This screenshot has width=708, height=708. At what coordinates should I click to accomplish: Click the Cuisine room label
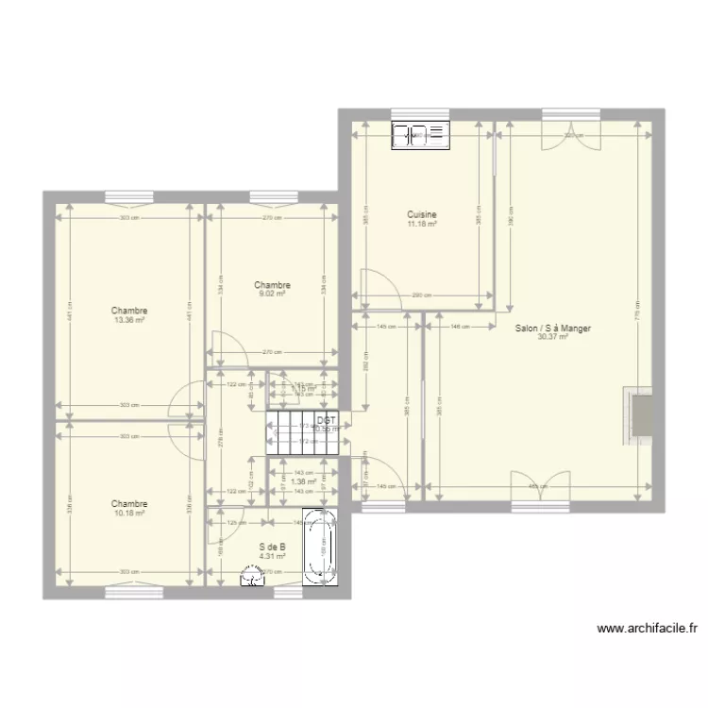tap(422, 214)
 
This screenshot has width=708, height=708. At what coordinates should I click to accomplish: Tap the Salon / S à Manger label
tap(553, 329)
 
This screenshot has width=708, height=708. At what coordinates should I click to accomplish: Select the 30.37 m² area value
tap(553, 337)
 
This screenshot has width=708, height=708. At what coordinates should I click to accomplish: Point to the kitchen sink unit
tap(422, 136)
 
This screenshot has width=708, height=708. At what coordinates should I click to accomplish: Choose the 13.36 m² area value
tap(129, 320)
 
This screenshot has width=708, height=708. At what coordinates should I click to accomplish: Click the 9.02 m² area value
tap(272, 294)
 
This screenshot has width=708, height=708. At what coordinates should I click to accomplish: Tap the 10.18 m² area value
tap(129, 514)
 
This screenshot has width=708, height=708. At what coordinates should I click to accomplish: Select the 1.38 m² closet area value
tap(302, 481)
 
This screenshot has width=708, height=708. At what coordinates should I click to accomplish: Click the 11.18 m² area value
tap(422, 224)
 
